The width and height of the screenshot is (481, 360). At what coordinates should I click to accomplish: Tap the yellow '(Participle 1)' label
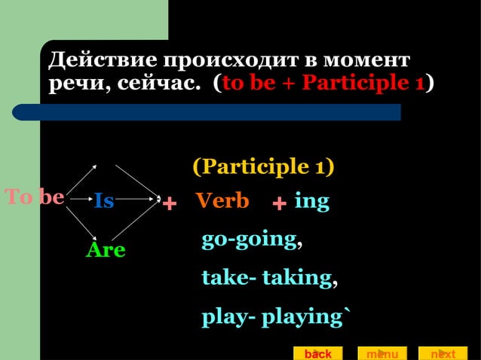pos(264,166)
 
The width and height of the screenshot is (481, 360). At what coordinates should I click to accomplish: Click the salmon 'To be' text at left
pos(35,197)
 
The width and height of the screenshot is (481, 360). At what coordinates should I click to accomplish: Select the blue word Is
pos(104,201)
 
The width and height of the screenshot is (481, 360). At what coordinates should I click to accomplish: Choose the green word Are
pos(106,250)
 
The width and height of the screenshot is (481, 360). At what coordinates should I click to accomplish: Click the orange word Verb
pos(222,201)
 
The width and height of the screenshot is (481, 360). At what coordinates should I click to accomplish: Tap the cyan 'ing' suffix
pos(312,201)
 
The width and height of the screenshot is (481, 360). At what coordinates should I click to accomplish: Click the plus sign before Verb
pos(170,203)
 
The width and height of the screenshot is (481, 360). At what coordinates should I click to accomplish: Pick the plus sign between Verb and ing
pos(280,203)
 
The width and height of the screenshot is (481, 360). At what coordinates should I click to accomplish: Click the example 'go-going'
pos(249,239)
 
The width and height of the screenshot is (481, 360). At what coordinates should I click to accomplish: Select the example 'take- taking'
pos(266,278)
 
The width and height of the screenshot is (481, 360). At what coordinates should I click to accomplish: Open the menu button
pos(382,353)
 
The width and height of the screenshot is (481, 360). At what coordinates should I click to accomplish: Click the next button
pos(443,353)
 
